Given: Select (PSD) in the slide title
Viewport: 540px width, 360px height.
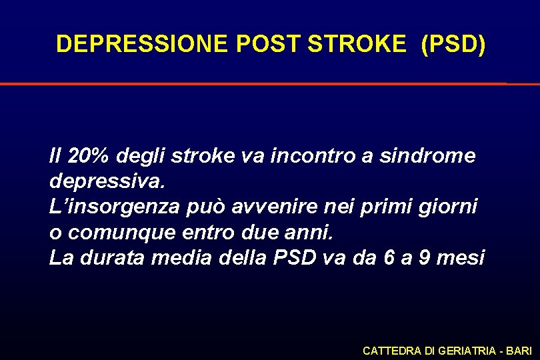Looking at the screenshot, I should pos(453,44).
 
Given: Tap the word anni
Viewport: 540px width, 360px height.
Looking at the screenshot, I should pos(316,233).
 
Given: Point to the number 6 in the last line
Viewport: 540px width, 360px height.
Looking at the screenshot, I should pos(389,258).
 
